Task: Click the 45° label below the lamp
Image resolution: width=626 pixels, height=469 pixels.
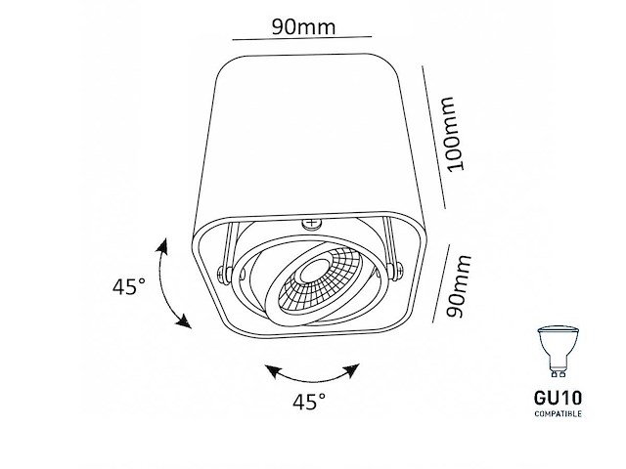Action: (x=308, y=402)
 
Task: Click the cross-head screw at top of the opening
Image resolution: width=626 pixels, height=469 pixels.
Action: (x=313, y=224)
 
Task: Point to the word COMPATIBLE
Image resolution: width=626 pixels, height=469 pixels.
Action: (x=557, y=414)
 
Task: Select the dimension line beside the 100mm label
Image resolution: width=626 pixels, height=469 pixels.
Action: (x=432, y=137)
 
